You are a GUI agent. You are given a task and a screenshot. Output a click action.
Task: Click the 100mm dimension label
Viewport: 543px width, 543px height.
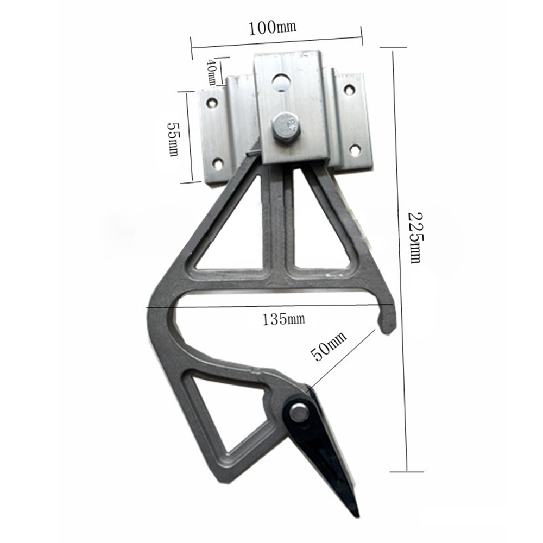273,27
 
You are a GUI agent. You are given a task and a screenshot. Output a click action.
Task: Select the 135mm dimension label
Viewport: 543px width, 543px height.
283,319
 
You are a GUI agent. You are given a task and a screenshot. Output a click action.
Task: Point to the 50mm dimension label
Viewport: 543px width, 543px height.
329,346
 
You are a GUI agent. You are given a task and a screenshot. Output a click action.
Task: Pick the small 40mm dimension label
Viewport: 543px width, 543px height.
211,72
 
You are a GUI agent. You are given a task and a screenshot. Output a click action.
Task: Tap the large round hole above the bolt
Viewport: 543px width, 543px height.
281,82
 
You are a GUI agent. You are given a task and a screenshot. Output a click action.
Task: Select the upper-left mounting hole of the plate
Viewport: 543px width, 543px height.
212,103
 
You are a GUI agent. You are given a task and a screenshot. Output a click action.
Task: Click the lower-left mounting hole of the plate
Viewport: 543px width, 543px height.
218,163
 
